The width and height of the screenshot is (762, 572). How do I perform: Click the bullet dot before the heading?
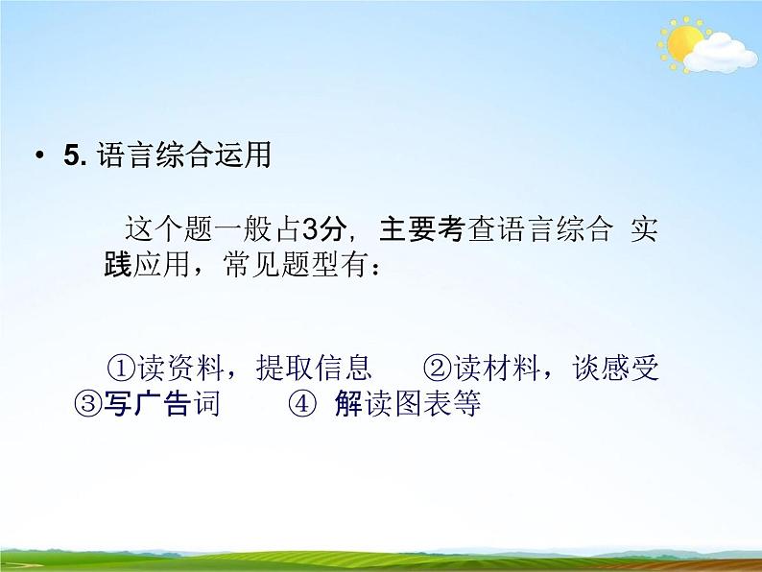(x=38, y=157)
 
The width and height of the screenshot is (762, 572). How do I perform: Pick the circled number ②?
(x=436, y=369)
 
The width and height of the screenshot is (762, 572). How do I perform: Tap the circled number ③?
(x=87, y=404)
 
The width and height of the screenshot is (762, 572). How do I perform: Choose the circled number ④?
(x=301, y=404)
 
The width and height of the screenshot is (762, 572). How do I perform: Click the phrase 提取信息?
(x=313, y=369)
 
